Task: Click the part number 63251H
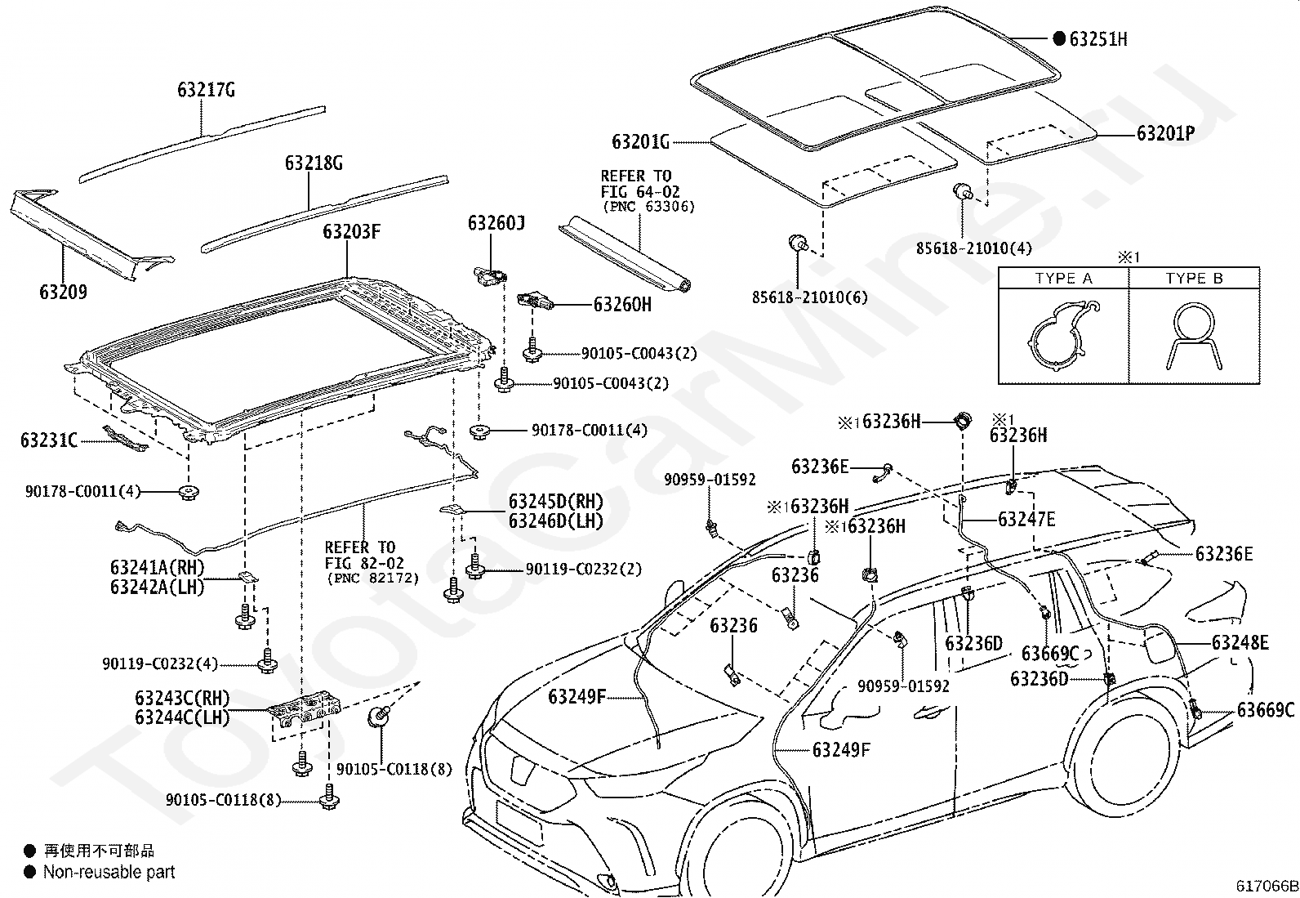[1098, 39]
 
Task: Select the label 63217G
[206, 90]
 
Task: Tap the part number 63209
[63, 292]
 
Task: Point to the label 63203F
[352, 232]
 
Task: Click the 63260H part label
[622, 304]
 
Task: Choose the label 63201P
[1165, 133]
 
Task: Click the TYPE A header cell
[1064, 279]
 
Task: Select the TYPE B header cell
[1195, 279]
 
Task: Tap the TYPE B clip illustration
[1194, 336]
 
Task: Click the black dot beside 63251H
[1059, 39]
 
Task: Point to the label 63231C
[49, 440]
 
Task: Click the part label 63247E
[1026, 519]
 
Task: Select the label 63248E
[1240, 642]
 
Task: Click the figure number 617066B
[1267, 886]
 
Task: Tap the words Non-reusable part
[109, 872]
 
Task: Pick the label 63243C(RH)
[183, 698]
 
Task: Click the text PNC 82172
[372, 578]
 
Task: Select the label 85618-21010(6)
[809, 297]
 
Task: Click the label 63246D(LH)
[556, 521]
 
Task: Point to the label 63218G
[314, 163]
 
